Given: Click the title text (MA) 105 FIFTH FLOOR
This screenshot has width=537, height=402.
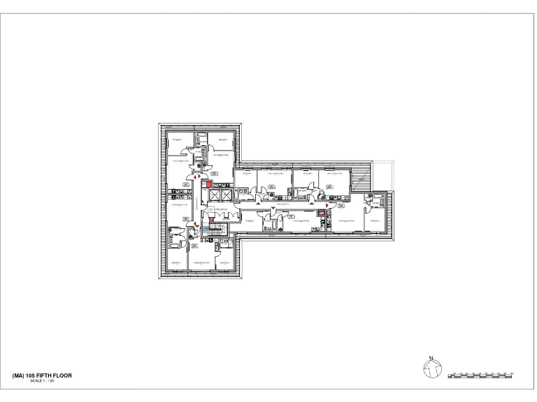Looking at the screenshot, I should [43, 375].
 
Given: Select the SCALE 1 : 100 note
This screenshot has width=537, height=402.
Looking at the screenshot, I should [41, 381].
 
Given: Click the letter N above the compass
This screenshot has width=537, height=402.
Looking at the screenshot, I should [431, 358].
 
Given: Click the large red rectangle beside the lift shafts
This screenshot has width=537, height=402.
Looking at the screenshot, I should [207, 184].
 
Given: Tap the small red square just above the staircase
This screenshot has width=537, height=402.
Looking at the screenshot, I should [212, 220].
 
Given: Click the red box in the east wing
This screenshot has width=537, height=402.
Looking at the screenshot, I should [322, 215].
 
